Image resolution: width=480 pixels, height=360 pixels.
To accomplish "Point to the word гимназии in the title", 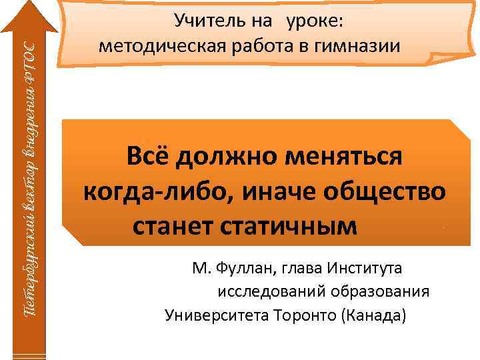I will tap(363, 47).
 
